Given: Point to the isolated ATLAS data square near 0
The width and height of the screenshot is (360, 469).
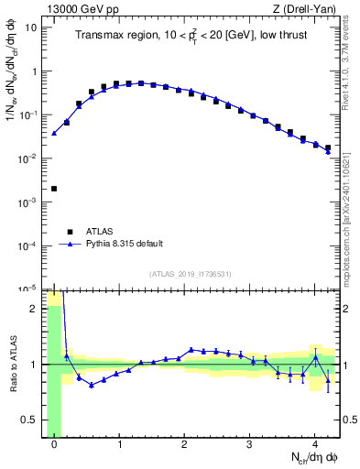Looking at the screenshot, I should (54, 189).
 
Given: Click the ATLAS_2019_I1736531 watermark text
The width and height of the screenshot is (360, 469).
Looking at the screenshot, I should (190, 274).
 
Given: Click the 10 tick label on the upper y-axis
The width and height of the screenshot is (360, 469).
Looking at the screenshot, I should (30, 27).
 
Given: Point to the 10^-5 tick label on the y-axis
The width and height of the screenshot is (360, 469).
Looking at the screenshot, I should (27, 289).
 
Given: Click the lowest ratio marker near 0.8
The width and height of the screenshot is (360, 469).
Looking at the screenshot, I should (92, 385).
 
